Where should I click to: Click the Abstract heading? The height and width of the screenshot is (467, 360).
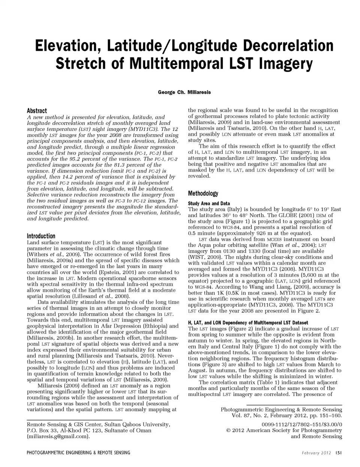point(37,111)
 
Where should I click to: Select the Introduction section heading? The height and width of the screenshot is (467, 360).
point(41,236)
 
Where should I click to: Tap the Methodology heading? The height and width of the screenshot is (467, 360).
point(203,194)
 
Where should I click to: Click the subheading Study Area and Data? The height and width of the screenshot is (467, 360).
point(209,203)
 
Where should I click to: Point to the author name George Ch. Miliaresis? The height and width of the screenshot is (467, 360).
point(184,92)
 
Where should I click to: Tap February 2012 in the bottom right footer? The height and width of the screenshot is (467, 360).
point(316,453)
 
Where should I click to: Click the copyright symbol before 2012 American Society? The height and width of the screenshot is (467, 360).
point(228,431)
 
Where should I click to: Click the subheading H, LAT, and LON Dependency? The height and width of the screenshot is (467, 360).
point(248,323)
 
